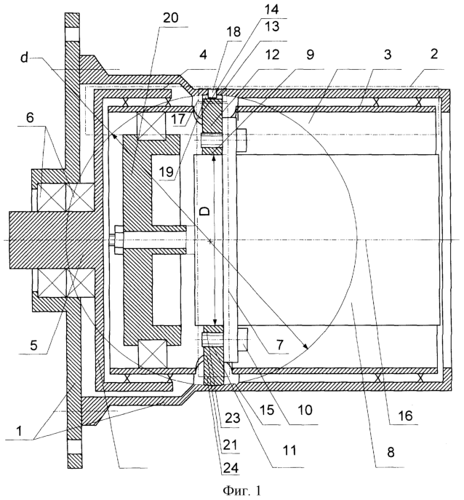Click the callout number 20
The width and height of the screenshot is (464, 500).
coord(171,18)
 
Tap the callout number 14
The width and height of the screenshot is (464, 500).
coord(271,9)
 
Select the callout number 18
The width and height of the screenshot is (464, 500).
coord(234,32)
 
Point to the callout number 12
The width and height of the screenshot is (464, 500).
coord(272,55)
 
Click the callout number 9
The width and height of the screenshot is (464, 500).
coord(310,55)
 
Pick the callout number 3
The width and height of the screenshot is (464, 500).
coord(387,55)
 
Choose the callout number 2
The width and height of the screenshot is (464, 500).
coord(433,54)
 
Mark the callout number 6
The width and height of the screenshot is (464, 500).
coord(30,118)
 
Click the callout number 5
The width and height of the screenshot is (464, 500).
coord(33,345)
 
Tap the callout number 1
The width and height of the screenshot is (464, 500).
coord(20,432)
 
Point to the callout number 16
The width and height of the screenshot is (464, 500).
coord(404,416)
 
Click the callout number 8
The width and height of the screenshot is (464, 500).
coord(391,452)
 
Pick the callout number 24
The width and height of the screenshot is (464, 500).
coord(231,467)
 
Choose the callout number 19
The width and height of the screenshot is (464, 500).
coord(166,172)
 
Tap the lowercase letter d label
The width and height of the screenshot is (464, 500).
coord(25,59)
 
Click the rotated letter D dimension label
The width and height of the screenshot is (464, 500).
coord(206,210)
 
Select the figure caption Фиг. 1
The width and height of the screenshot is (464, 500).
coord(241,490)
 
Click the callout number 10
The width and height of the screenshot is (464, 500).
coord(305,410)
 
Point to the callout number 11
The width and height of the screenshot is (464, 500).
coord(289,451)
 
